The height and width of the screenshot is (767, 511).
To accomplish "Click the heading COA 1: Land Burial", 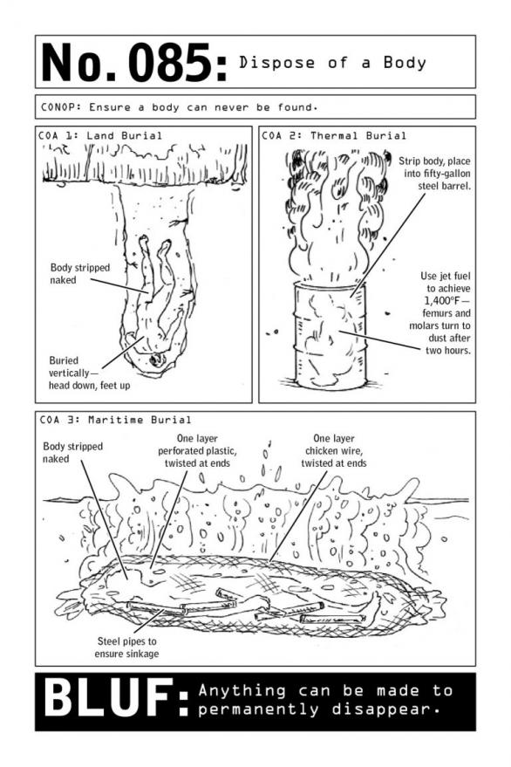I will pos(101,135).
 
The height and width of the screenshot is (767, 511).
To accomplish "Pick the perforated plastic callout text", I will pos(196,452).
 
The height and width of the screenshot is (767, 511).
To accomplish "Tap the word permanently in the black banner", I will pos(257,709).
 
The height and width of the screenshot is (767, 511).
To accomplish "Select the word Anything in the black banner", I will pos(238,690).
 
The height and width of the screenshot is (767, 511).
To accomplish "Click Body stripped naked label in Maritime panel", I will pos(72,452).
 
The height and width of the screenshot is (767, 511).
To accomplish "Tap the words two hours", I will pos(446,350).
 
